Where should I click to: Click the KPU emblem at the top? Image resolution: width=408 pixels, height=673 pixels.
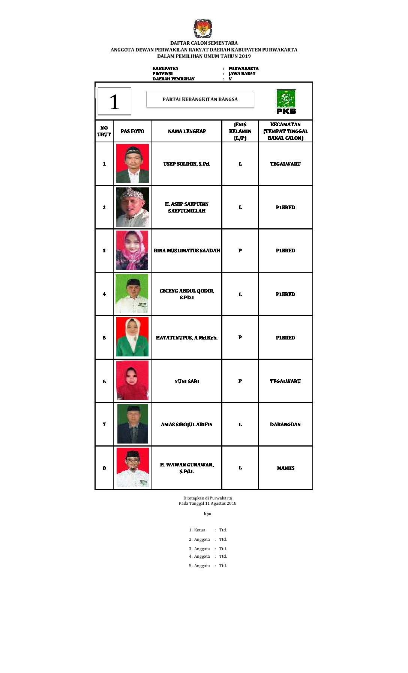[203, 29]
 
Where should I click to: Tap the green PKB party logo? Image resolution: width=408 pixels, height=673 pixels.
[286, 101]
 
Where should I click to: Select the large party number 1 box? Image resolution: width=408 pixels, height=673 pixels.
[114, 101]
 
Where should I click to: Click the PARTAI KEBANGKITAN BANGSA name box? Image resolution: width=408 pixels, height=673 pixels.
[200, 100]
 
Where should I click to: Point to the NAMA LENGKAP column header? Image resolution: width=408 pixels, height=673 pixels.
[187, 131]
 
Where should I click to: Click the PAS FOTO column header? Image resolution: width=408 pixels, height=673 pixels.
[132, 131]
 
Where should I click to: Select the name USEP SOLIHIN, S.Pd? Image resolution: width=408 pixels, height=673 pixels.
[187, 164]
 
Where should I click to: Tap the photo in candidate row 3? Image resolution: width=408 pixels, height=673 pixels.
[132, 250]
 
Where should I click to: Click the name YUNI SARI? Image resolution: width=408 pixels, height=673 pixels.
[187, 381]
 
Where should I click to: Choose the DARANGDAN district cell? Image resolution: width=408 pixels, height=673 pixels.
[285, 424]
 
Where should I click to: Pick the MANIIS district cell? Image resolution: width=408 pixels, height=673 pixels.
[285, 468]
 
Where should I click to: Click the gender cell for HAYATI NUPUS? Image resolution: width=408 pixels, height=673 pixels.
[240, 337]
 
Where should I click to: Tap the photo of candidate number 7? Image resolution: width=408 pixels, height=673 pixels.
[132, 424]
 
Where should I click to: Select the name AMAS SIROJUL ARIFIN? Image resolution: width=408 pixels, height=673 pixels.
[187, 424]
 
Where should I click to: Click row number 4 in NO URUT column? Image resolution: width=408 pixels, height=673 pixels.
[104, 294]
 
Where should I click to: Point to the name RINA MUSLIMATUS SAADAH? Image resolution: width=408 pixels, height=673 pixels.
[187, 250]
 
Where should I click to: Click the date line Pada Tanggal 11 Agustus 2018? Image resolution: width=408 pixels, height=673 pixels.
[207, 503]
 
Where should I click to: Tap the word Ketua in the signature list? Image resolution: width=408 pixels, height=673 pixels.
[199, 530]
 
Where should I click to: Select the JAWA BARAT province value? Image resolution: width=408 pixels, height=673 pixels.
[242, 74]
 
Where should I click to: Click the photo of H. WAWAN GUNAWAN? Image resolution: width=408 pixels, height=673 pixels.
[132, 468]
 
